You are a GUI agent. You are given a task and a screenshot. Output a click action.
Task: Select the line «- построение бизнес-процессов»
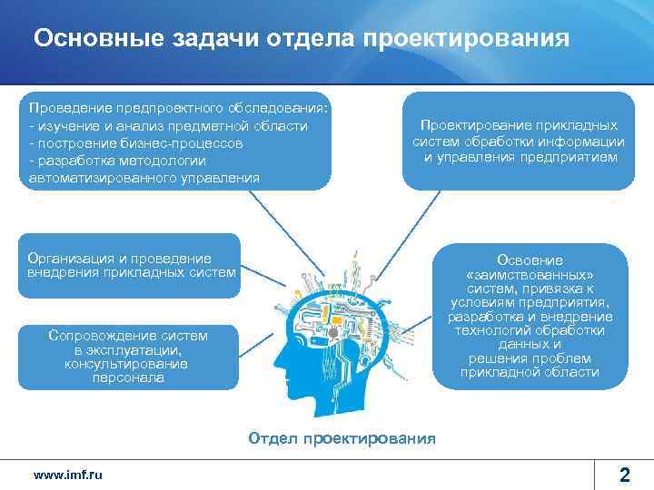point(135,143)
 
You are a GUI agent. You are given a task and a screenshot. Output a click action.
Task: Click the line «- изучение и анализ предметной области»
point(168,125)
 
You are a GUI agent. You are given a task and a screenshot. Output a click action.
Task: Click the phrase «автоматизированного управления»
point(144,178)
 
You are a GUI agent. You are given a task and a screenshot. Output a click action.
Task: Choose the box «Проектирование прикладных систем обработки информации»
point(518,141)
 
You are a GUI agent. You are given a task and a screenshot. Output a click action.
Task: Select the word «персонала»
point(128,377)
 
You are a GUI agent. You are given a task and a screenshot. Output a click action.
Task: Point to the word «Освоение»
point(530,260)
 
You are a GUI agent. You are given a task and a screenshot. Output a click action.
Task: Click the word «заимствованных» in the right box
point(530,275)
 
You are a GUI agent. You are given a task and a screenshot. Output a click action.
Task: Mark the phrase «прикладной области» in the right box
point(530,372)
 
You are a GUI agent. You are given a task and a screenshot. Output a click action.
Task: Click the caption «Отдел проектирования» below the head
point(342,438)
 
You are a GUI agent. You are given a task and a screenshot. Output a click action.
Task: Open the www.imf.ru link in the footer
point(67,475)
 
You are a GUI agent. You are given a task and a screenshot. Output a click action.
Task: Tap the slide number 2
point(624,474)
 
